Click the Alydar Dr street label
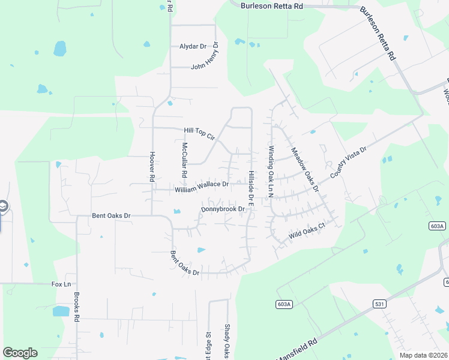193,46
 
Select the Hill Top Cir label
199,133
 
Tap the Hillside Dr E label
252,189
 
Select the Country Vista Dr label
348,161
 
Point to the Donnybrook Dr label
223,209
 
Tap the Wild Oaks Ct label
306,231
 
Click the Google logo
20,353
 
